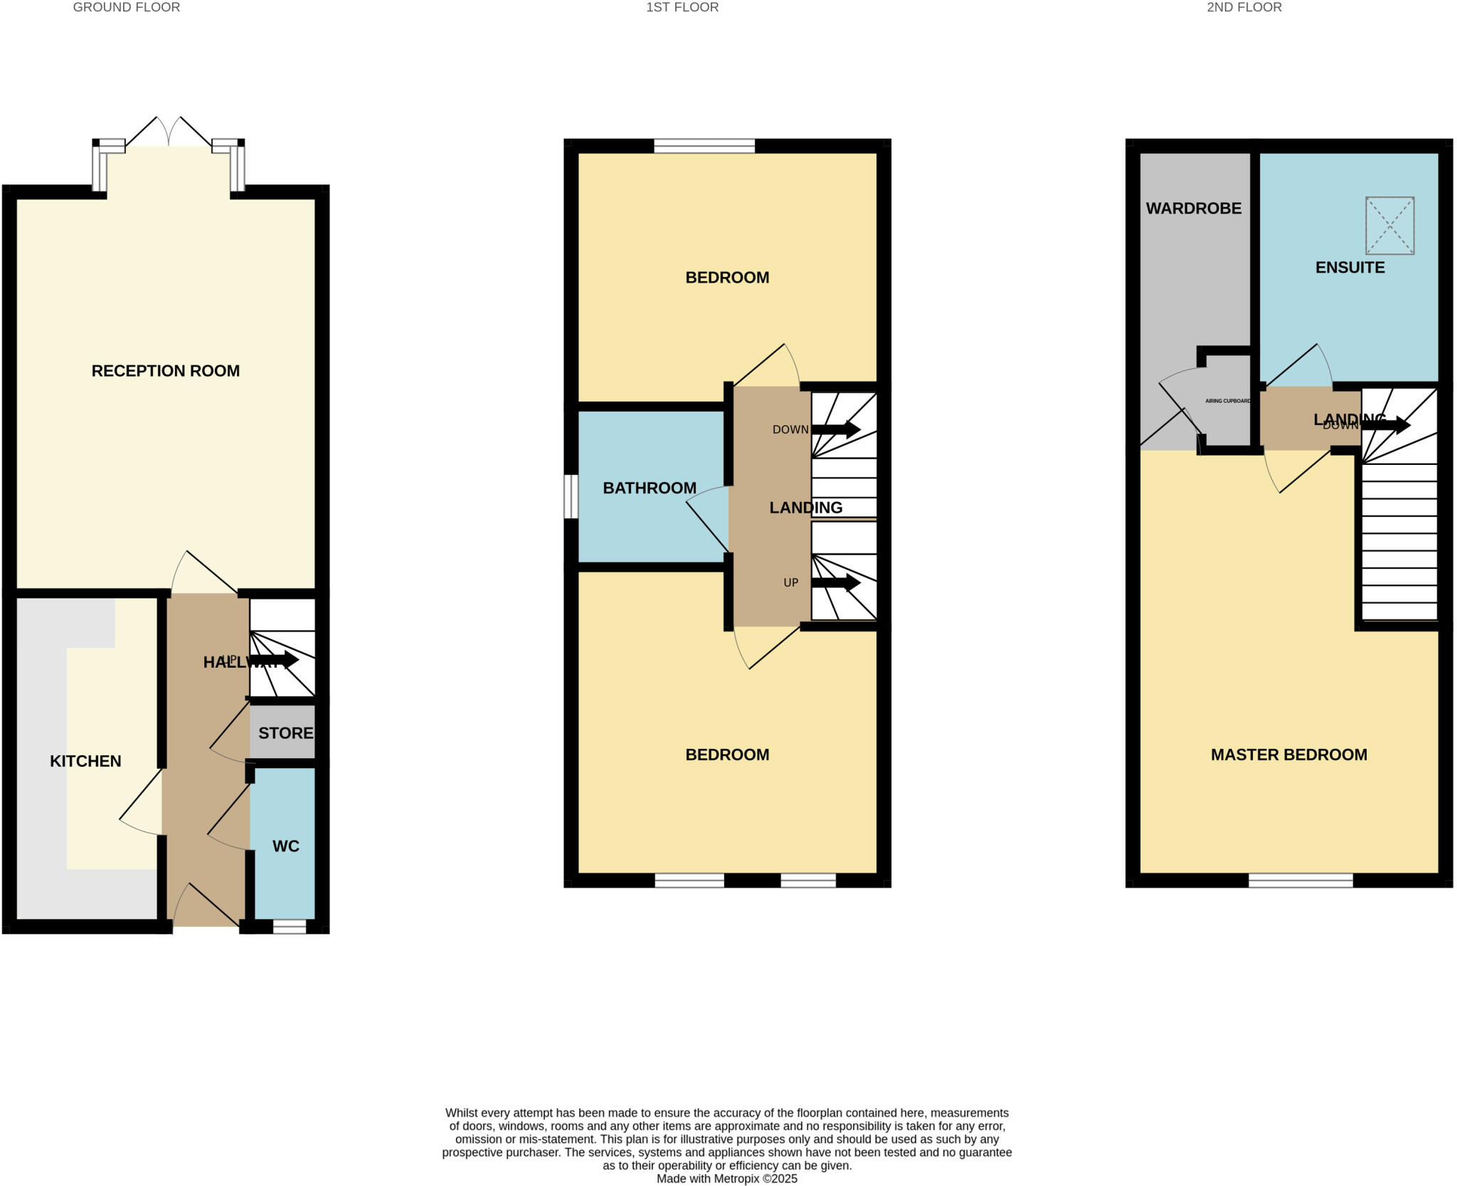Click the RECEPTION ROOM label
(165, 371)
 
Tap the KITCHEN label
(85, 761)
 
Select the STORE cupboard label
(285, 733)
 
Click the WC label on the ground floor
(285, 846)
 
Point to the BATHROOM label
(649, 488)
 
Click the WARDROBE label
(1193, 209)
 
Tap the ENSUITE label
(1350, 268)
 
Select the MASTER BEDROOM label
(1288, 755)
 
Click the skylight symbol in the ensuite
(1389, 226)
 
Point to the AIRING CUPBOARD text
(1227, 401)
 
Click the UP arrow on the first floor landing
(836, 583)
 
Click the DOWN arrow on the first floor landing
(836, 429)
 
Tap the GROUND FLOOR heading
(127, 7)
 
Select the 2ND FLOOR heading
(1244, 7)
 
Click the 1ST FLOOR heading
(682, 7)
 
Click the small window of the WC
(290, 926)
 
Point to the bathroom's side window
(571, 496)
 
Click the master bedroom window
(1300, 880)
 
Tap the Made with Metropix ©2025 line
(726, 1179)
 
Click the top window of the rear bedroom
(704, 146)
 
